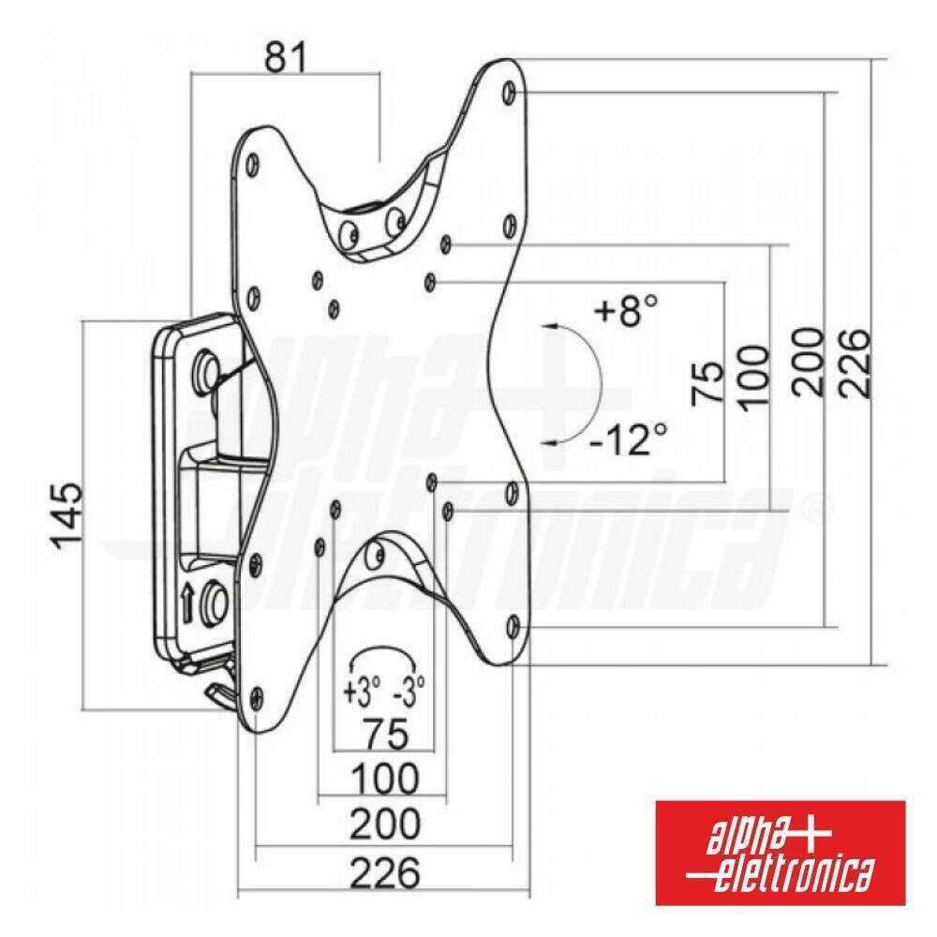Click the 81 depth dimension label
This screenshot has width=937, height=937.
[x=286, y=58]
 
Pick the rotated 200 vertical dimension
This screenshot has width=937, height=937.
[x=805, y=361]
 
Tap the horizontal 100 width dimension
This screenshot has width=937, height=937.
[x=383, y=779]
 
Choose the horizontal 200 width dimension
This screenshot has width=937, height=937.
[x=384, y=825]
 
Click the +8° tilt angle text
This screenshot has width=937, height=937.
[x=626, y=309]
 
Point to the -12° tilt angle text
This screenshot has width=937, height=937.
[x=629, y=438]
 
